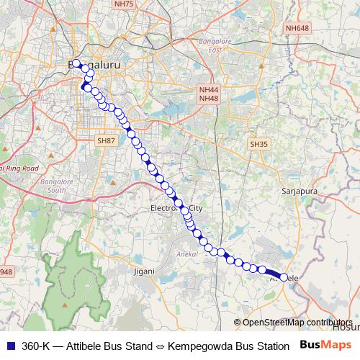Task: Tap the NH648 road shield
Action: [297, 28]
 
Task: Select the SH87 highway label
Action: [106, 141]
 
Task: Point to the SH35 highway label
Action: [258, 144]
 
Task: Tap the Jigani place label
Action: [145, 271]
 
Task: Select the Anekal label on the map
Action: [186, 254]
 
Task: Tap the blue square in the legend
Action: [11, 346]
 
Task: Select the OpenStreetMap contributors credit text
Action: [297, 323]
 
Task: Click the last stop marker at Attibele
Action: [284, 277]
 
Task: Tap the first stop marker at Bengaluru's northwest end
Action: [76, 63]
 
